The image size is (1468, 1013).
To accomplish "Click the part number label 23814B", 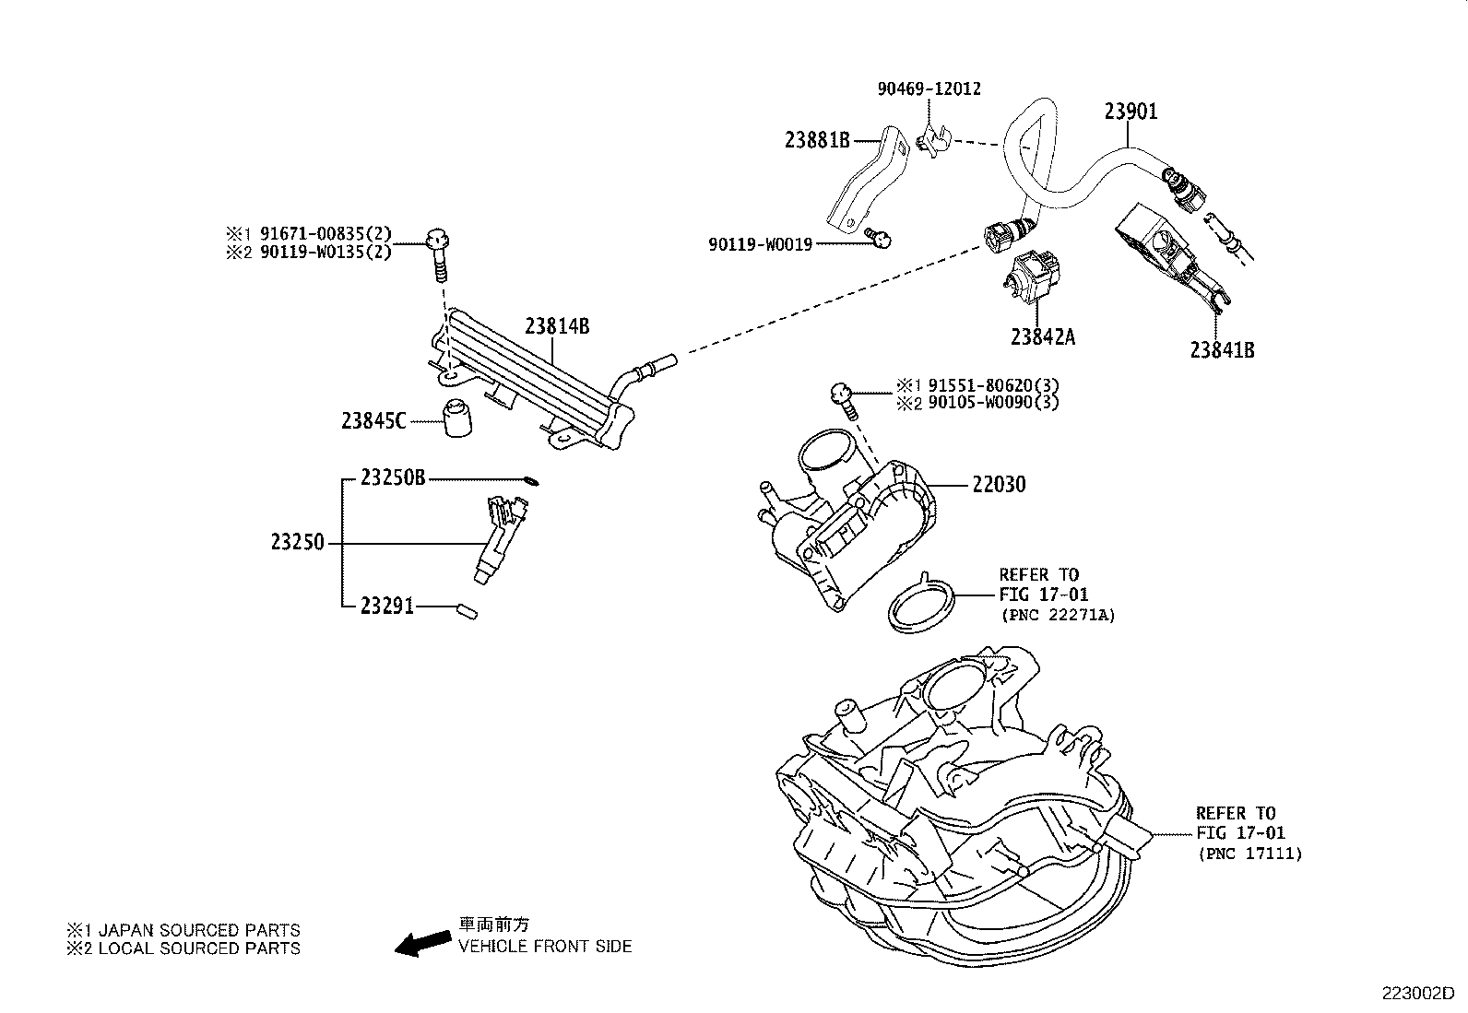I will point(557,326).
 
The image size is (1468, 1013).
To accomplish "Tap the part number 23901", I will point(1131,112).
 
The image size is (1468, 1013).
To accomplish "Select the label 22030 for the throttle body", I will point(998,485).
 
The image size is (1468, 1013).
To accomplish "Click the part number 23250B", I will point(393,478).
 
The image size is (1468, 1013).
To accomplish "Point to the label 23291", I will point(387,607).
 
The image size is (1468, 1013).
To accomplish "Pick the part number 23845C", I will point(373,421).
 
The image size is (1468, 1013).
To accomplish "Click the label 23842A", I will point(1042,337).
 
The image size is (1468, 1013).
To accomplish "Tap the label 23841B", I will point(1222,350).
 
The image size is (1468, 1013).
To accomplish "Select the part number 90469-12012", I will point(929,89).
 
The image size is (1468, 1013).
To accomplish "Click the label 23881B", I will point(817,140).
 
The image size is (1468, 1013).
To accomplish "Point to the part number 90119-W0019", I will point(760,244).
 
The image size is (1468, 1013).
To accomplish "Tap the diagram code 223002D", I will point(1416,994).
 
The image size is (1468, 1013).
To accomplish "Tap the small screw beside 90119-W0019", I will point(882,240).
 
